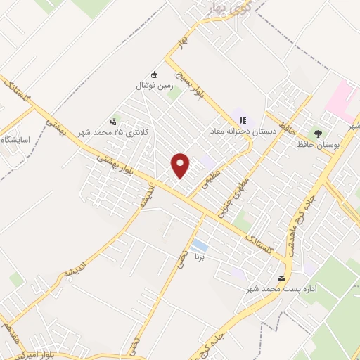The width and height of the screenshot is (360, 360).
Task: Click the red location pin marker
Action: coord(181,165)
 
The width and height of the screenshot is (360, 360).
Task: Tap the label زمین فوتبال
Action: coord(155,86)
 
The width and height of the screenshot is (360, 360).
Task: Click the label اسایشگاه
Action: coord(15,140)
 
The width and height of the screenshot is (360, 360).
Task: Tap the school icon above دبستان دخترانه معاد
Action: coord(243,120)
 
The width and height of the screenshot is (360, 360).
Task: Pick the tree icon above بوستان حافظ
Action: coord(319,133)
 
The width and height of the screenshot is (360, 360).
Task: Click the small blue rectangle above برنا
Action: coord(200,245)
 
